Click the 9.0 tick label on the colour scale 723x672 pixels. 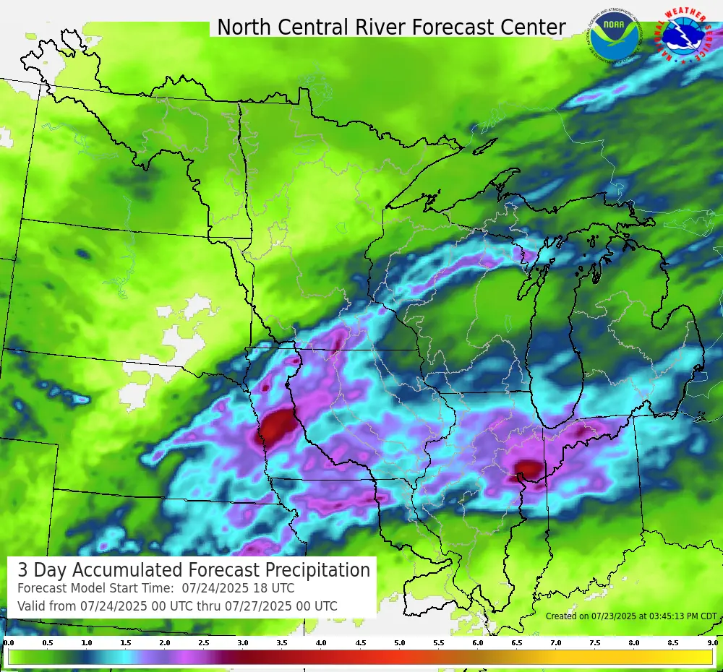(712, 642)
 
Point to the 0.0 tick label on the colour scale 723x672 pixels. (9, 642)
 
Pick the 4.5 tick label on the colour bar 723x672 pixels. (360, 642)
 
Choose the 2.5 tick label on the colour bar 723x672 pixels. (204, 642)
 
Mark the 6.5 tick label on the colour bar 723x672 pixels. (517, 642)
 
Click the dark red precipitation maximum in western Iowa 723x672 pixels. (277, 427)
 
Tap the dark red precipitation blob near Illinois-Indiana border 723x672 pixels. (529, 470)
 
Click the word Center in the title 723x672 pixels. (536, 27)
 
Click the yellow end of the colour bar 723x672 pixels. (701, 657)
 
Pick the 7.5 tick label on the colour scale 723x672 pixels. (595, 642)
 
